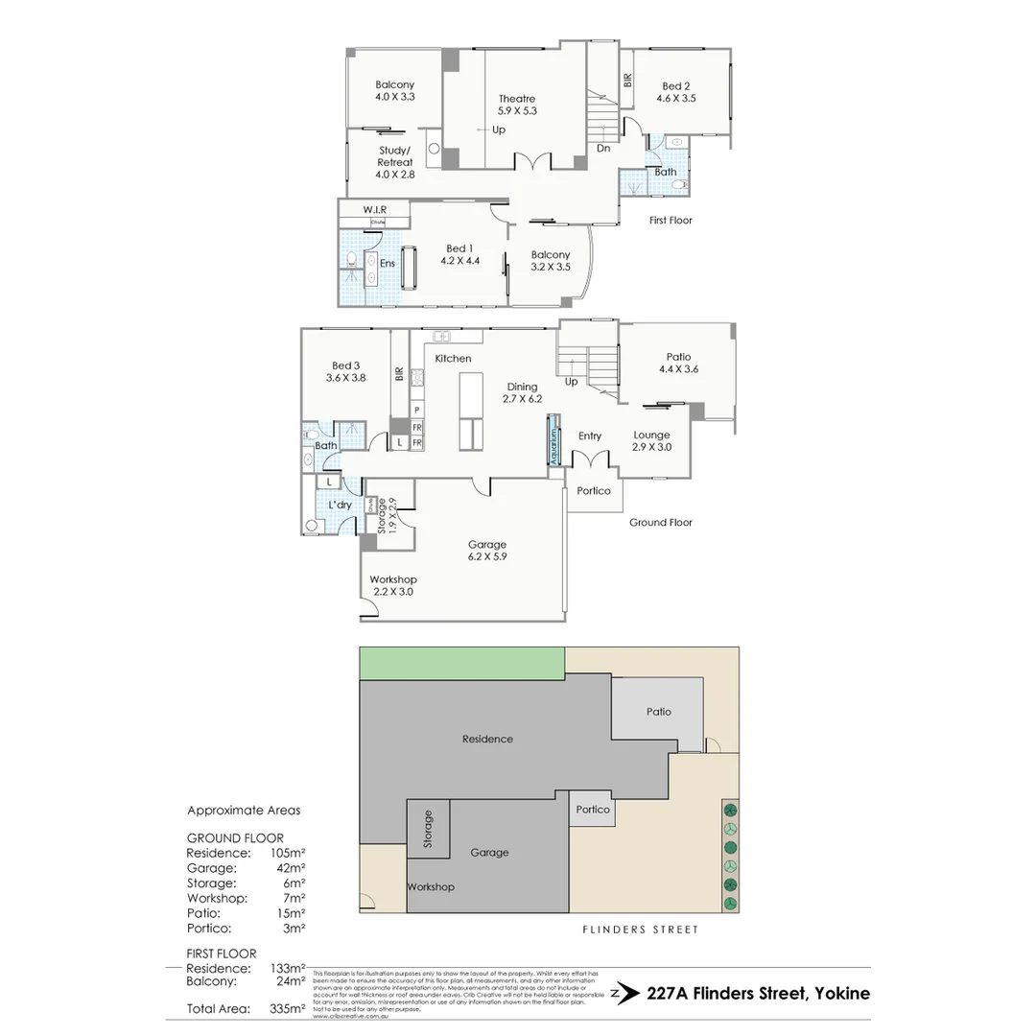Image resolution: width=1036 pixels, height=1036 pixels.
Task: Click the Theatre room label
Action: (x=517, y=105)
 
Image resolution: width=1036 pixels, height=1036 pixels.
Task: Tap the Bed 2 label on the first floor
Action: (x=675, y=92)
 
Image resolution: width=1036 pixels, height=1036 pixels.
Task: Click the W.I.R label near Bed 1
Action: (x=373, y=209)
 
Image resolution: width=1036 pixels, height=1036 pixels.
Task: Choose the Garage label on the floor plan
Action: (x=487, y=550)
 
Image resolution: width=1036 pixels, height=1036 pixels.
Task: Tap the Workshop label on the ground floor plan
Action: (x=393, y=585)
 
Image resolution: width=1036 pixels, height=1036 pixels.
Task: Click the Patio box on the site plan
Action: (x=658, y=712)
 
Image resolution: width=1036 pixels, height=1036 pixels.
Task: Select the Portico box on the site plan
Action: (x=593, y=810)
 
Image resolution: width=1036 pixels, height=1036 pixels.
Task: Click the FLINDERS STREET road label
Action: (x=640, y=930)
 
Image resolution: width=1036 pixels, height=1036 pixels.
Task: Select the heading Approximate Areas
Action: (x=244, y=811)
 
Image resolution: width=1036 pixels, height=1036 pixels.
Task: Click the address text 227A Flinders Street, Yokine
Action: (x=759, y=994)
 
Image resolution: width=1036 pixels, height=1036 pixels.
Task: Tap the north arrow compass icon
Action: (x=624, y=994)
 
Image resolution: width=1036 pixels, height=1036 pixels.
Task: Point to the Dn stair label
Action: (x=603, y=149)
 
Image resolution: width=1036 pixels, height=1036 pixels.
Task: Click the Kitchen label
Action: (x=453, y=359)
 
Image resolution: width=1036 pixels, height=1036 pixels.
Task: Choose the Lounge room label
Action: (x=651, y=440)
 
